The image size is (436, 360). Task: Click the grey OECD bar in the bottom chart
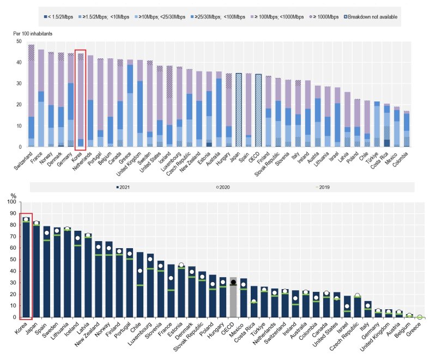tap(233, 297)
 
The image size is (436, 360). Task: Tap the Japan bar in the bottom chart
tap(37, 269)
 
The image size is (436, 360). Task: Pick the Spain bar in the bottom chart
tap(47, 272)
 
